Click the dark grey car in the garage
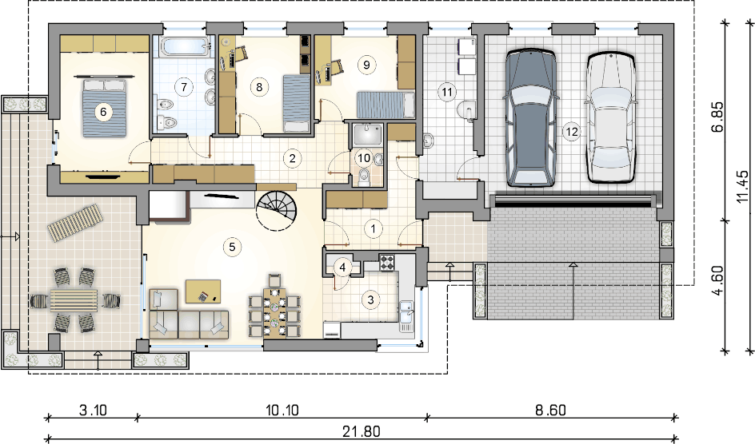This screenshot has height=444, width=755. (x=530, y=117)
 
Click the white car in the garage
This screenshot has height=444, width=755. (x=610, y=117)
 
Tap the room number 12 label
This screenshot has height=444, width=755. (x=572, y=132)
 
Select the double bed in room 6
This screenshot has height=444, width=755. (x=105, y=107)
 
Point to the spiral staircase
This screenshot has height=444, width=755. (x=277, y=210)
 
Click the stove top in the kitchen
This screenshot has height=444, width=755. (x=386, y=263)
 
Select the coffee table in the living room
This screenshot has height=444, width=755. (x=202, y=291)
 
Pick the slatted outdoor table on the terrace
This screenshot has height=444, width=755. (x=74, y=301)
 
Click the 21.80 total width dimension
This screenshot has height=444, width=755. (x=362, y=431)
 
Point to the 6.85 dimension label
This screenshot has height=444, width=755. (x=717, y=117)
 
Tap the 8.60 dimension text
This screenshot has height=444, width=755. (x=551, y=410)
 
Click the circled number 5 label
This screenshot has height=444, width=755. (x=232, y=247)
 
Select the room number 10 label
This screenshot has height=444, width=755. (x=364, y=157)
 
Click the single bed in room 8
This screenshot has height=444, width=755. (x=296, y=103)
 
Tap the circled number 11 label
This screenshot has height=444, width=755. (x=447, y=91)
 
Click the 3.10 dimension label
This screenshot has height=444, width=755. (x=93, y=410)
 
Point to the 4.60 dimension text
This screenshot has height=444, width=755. (x=717, y=280)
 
